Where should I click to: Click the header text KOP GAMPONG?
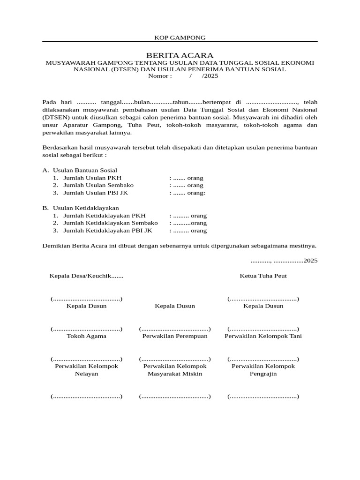point(180,37)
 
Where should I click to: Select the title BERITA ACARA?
point(180,55)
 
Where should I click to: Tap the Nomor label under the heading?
point(160,76)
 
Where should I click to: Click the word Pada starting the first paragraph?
point(49,102)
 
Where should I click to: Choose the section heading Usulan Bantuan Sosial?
point(85,170)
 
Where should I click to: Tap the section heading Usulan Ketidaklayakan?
point(86,208)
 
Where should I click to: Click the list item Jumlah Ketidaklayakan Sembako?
point(110,223)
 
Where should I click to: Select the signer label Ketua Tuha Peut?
point(263,276)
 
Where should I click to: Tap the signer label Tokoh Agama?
point(86,336)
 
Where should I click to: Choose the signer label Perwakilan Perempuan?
point(175,336)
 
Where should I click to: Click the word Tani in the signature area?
point(295,336)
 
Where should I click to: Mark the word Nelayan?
point(86,374)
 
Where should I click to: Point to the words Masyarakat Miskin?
point(175,374)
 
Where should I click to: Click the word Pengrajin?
point(263,374)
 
